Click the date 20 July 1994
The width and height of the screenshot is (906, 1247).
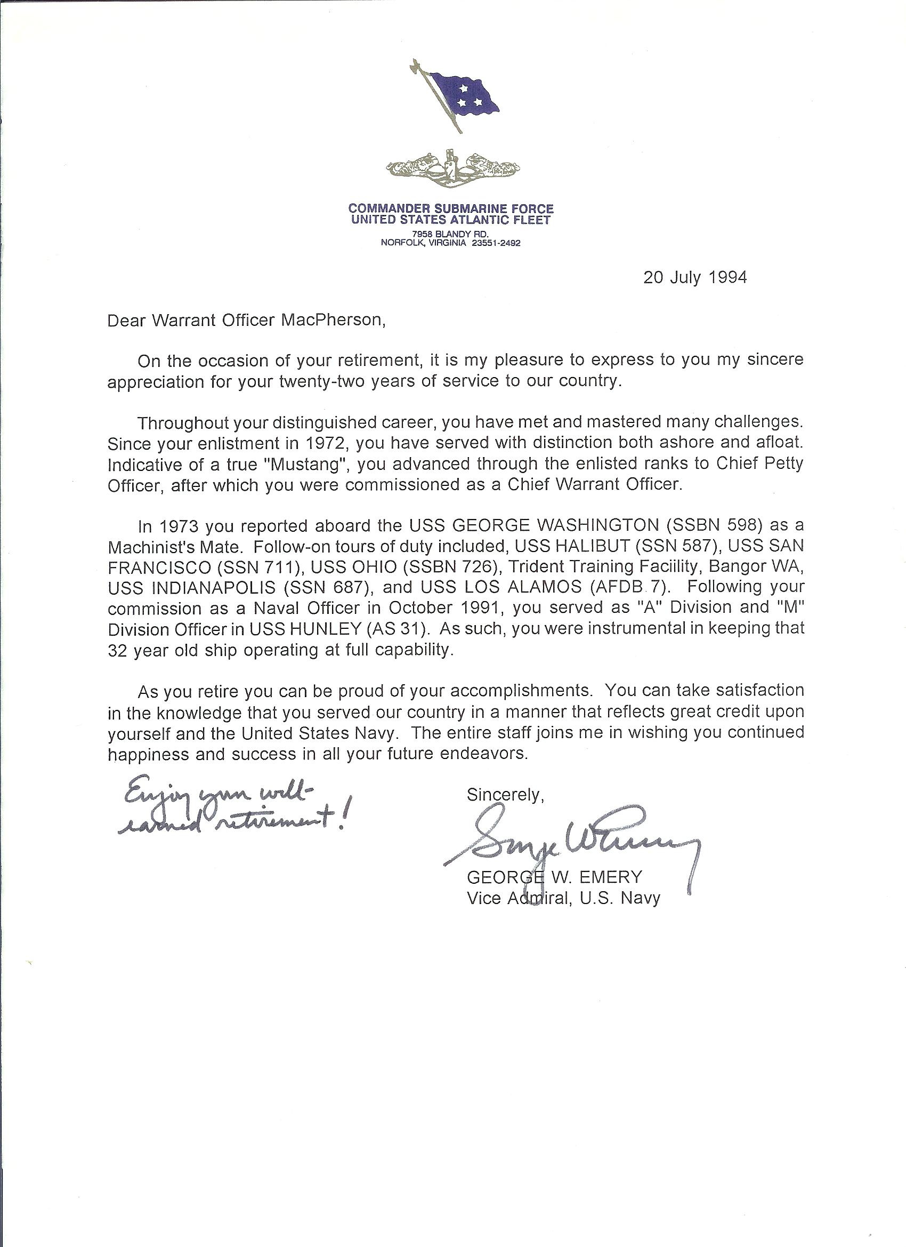tap(695, 277)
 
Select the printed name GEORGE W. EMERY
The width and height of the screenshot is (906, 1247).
tap(554, 877)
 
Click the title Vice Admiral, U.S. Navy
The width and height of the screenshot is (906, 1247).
tap(563, 898)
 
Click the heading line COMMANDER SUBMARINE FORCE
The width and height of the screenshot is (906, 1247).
tap(451, 209)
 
